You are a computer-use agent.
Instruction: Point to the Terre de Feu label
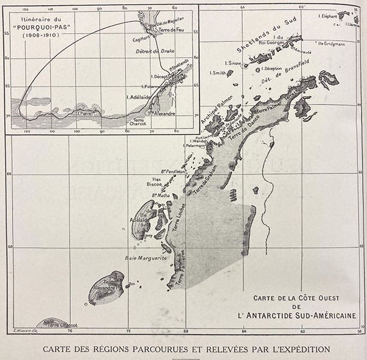163,28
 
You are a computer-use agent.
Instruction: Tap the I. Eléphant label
330,16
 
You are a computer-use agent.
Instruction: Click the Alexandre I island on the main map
106,289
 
